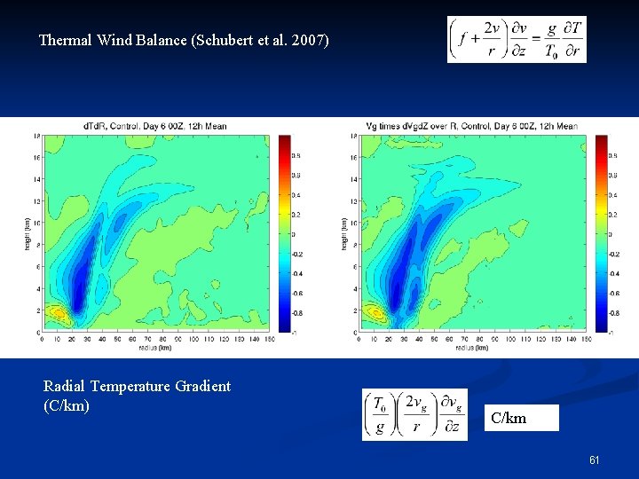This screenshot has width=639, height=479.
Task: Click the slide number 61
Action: click(595, 460)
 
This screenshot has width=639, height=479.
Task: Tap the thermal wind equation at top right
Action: click(517, 39)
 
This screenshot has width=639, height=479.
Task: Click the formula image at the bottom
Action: click(414, 414)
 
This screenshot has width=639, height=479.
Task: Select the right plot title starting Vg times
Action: click(471, 126)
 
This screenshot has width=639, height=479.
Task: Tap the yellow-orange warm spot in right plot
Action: click(375, 312)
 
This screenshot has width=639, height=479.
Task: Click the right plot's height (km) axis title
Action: click(343, 233)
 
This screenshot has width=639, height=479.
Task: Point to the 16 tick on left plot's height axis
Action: click(36, 156)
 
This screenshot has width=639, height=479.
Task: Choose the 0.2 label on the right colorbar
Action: click(611, 214)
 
